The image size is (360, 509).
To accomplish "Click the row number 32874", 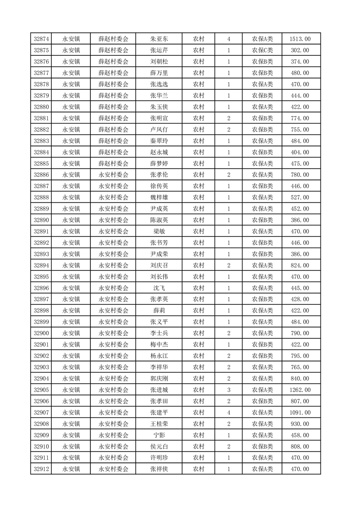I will point(42,39).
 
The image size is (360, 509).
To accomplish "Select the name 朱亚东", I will point(159,39).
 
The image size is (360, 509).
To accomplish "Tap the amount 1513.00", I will point(300,39).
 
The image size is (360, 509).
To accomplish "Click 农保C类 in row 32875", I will point(262,50).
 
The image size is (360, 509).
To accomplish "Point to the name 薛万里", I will point(159,73).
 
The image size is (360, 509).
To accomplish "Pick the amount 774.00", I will point(300,118).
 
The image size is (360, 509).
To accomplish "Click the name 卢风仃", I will point(159,130).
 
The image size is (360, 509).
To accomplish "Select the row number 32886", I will point(42,175).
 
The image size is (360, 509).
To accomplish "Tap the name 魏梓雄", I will point(159,197).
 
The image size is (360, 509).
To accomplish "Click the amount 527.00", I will point(300,197).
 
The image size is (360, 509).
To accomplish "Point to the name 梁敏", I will point(159,231).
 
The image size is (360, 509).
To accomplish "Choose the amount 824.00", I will point(300,265).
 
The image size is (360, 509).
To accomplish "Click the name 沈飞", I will point(159,288).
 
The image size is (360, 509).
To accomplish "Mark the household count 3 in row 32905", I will point(228,390).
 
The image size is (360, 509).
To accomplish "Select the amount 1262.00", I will point(300,390).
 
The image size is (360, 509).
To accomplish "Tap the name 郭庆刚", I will point(159,378).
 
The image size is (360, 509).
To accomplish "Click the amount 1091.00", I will point(300,412).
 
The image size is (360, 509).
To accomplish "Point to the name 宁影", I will point(159,435).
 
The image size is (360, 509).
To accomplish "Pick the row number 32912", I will point(42,469).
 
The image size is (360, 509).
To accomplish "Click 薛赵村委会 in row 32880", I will point(113,107).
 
